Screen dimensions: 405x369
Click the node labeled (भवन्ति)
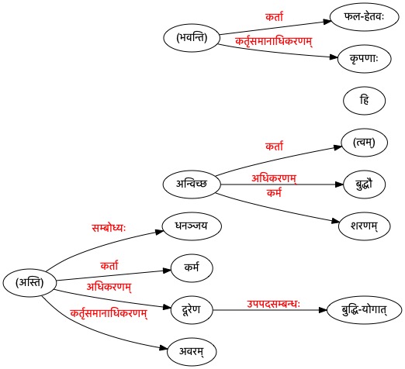(x=192, y=38)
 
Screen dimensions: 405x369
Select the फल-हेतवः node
(x=364, y=17)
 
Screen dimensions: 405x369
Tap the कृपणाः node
(x=364, y=59)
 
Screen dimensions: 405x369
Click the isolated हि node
(x=364, y=101)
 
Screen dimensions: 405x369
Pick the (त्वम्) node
(x=364, y=143)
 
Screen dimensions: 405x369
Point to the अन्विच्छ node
(x=192, y=184)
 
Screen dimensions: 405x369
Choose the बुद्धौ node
(x=364, y=184)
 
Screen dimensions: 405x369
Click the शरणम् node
(x=364, y=226)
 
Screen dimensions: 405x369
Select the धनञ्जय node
(x=192, y=226)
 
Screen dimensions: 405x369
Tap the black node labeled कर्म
(x=192, y=268)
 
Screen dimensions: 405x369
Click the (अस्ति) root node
(x=29, y=283)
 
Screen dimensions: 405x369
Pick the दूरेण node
(x=192, y=310)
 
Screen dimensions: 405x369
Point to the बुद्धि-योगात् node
(x=364, y=310)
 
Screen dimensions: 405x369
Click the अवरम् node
(x=192, y=352)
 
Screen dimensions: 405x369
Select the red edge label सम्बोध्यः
(x=109, y=228)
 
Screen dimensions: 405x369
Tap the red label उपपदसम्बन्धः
(x=273, y=304)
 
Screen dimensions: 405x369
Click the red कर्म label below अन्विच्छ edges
(x=274, y=193)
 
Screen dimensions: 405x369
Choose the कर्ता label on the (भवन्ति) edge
(x=274, y=17)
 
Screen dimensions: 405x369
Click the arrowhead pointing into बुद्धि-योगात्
(x=323, y=310)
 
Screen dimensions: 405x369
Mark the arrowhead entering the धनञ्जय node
(x=159, y=232)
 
